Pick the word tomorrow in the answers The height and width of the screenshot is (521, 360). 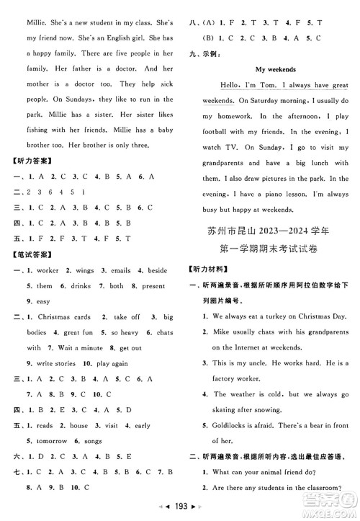tap(48, 440)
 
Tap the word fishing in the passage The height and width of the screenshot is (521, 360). tap(29, 131)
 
